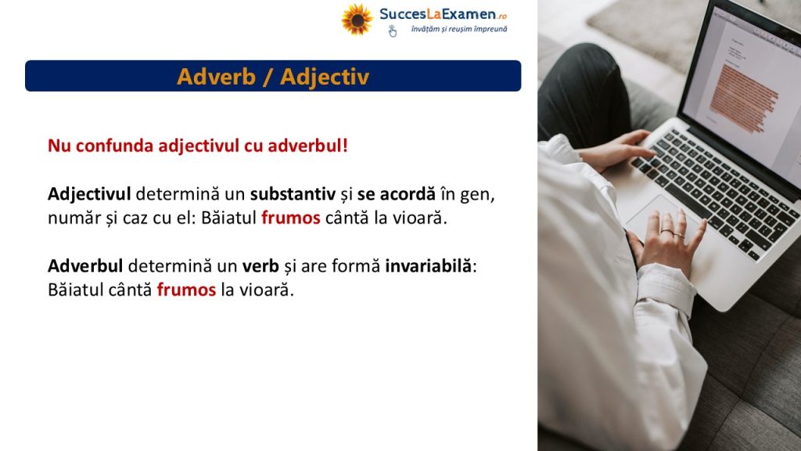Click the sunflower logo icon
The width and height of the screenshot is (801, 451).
(357, 20)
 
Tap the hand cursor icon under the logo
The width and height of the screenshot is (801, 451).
(393, 31)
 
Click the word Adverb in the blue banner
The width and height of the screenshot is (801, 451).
(216, 77)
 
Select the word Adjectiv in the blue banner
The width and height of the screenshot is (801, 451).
(325, 78)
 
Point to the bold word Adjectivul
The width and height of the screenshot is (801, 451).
(89, 194)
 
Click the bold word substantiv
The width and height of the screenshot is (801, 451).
(293, 194)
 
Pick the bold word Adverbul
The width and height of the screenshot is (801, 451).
(85, 266)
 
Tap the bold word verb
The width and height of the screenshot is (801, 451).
(260, 266)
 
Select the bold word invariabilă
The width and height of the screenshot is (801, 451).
(429, 266)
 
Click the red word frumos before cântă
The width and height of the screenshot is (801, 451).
(291, 218)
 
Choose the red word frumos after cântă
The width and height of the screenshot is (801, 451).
(186, 290)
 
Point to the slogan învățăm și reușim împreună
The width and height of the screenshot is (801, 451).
(459, 29)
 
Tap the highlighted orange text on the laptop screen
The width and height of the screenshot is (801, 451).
(744, 97)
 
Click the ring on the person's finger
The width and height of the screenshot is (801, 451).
(666, 231)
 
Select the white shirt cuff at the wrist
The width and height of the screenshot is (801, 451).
(666, 289)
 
